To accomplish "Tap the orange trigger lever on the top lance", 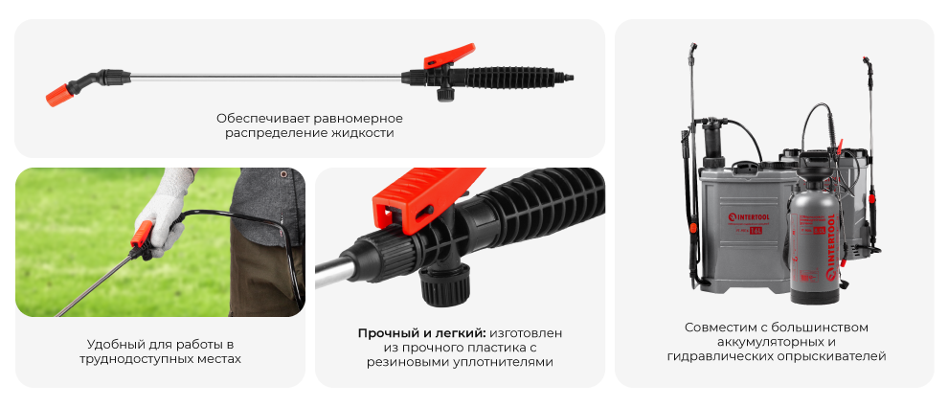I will click(454, 54).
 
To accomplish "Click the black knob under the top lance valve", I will click(445, 93).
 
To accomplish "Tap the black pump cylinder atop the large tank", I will click(712, 144).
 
